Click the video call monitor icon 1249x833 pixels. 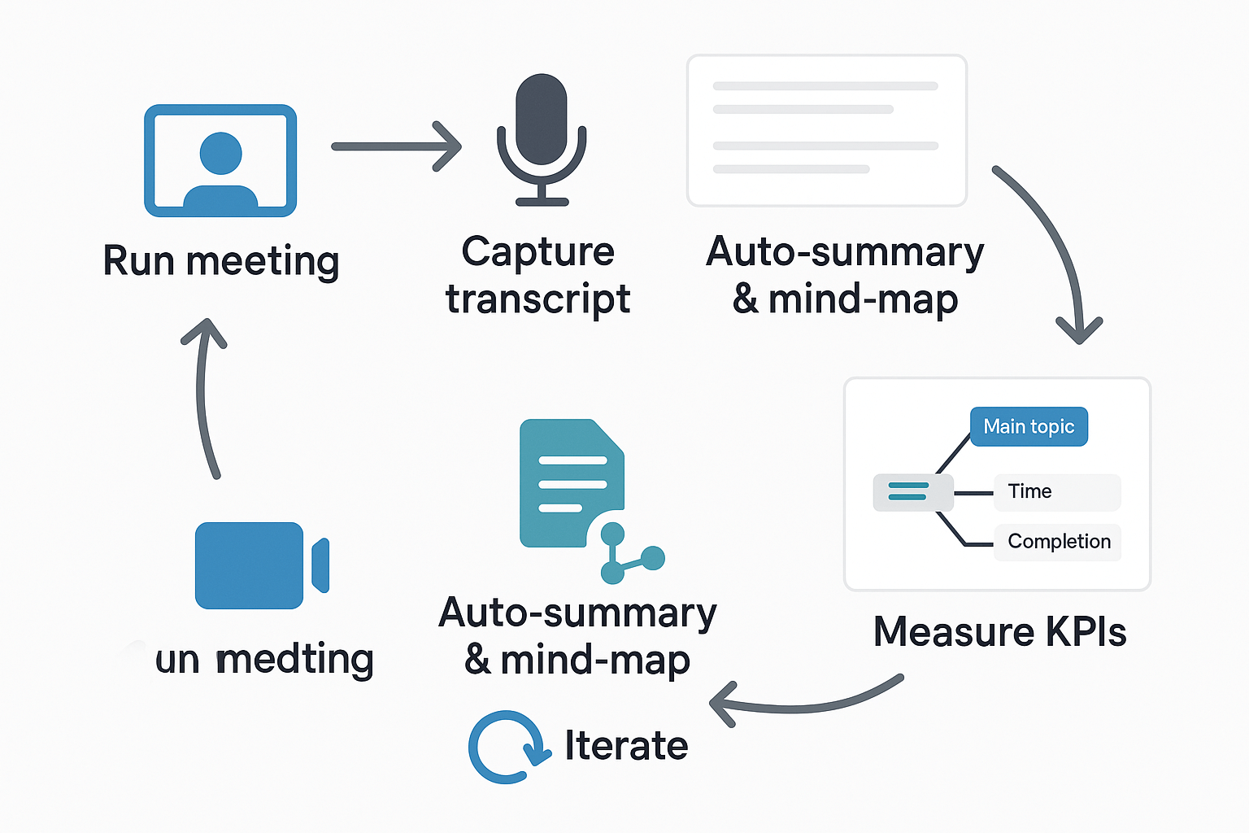pos(220,160)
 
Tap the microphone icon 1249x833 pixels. pos(542,138)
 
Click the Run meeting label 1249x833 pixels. pos(220,262)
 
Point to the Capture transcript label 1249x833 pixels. pos(537,275)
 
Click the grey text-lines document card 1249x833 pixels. pos(826,130)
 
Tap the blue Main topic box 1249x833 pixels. pos(1029,426)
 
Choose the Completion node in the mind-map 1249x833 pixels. pos(1058,542)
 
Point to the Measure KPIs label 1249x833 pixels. pos(999,632)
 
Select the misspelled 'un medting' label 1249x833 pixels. pos(263,659)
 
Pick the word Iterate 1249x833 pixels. pos(626,746)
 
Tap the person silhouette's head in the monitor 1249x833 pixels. pos(220,152)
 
